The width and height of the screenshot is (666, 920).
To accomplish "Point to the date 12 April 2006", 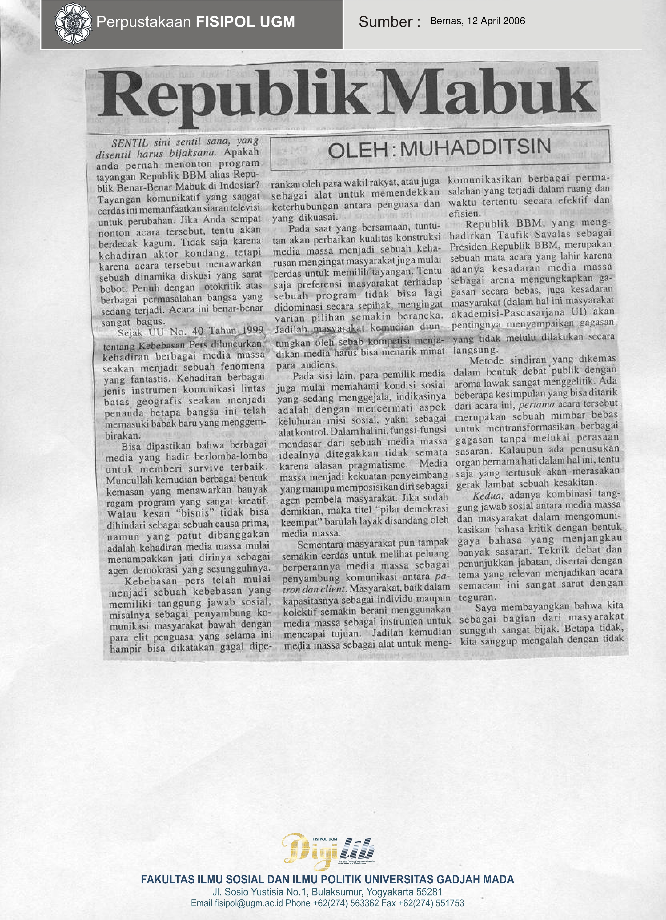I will tap(496, 21).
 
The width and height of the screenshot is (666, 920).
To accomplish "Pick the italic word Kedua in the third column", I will tap(487, 495).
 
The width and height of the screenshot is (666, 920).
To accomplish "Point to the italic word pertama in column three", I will tap(536, 405).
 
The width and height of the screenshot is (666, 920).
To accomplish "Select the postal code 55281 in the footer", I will tap(429, 892).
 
